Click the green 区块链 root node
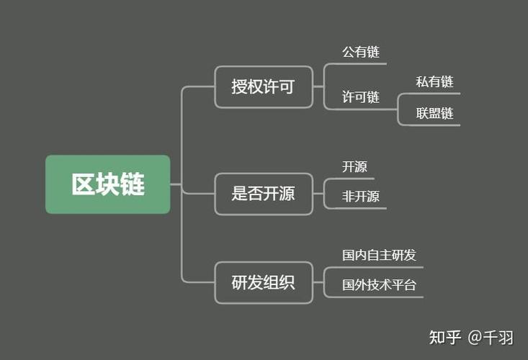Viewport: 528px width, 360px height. (x=108, y=184)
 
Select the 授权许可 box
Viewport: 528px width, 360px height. (x=264, y=87)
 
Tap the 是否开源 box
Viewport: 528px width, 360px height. (x=264, y=194)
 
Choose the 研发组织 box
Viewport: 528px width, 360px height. (x=264, y=282)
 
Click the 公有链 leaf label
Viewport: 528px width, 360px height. (x=361, y=52)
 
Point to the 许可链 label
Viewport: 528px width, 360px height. (x=361, y=97)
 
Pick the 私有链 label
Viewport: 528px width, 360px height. (x=434, y=82)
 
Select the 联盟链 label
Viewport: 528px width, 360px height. (x=434, y=113)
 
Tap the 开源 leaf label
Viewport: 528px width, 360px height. (x=354, y=167)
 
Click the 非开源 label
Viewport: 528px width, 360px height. (x=361, y=197)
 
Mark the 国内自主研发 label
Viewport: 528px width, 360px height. (x=379, y=256)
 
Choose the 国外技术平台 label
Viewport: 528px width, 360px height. (x=379, y=284)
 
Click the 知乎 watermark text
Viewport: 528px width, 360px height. (x=444, y=337)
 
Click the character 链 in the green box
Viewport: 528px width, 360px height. (x=133, y=184)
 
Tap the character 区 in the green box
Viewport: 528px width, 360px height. (x=84, y=184)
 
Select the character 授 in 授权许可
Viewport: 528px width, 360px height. (x=240, y=87)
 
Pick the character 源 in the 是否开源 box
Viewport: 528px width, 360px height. (x=287, y=194)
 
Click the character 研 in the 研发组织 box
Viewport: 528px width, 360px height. (x=240, y=282)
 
